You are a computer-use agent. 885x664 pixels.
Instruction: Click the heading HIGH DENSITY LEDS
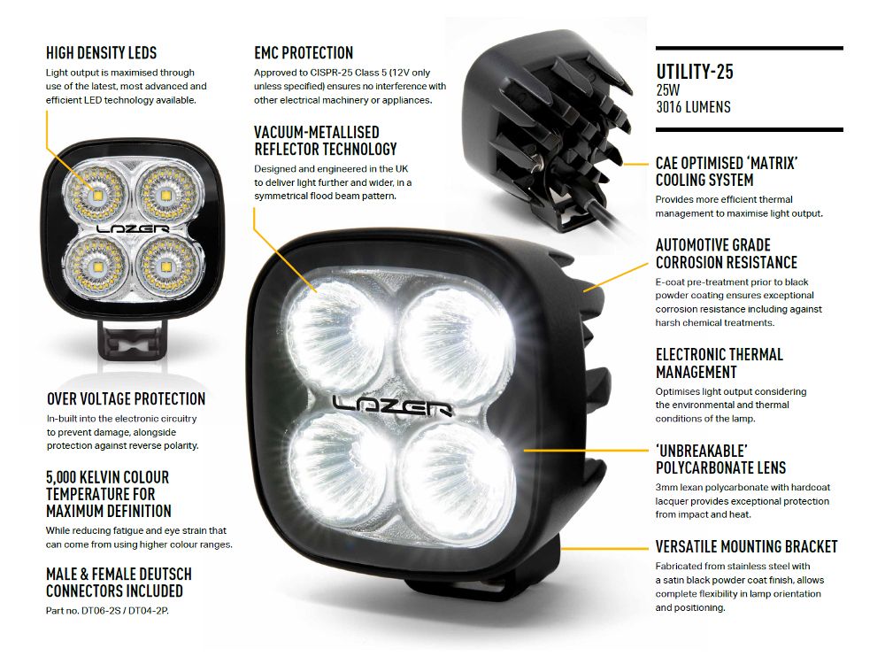(x=101, y=54)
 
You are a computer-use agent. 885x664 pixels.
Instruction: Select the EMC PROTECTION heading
(x=304, y=53)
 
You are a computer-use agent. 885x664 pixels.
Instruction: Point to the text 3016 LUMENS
(x=693, y=107)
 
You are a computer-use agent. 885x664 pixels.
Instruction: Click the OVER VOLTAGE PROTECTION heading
(x=126, y=399)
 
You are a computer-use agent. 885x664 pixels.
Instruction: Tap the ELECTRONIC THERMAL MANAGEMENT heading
(x=719, y=363)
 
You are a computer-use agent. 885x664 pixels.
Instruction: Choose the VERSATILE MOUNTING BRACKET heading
(x=746, y=546)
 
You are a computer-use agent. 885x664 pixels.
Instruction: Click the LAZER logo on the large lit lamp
(x=393, y=405)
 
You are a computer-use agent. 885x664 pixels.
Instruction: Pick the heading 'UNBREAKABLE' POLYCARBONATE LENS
(x=720, y=458)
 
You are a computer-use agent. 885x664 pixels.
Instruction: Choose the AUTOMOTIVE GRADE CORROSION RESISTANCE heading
(x=726, y=253)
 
